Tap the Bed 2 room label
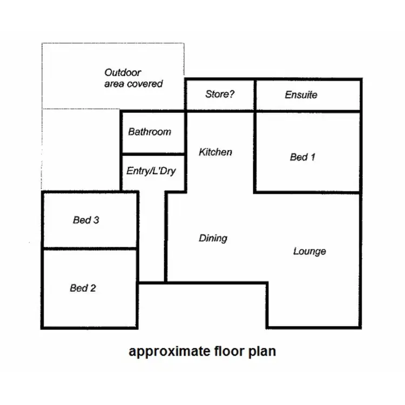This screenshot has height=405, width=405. click(83, 288)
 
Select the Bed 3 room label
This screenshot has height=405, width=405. click(86, 220)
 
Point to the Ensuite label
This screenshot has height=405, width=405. click(301, 95)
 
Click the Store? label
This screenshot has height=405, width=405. click(220, 94)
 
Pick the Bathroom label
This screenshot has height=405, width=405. click(150, 132)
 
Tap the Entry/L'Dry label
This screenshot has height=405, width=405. click(151, 171)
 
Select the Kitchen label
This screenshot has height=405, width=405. click(215, 152)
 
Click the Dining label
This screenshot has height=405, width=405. click(213, 238)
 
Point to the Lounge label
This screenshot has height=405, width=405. click(309, 251)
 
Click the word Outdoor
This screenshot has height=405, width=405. click(123, 72)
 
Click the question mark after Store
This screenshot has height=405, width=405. click(232, 94)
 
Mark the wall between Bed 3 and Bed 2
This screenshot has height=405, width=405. click(89, 248)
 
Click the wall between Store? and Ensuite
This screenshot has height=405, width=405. click(254, 95)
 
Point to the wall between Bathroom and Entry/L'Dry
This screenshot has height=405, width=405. click(153, 154)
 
